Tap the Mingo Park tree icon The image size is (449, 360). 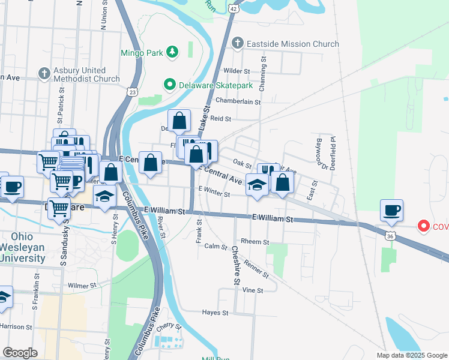tap(173, 52)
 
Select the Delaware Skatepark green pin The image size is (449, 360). tap(170, 85)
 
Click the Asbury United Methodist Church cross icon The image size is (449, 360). tap(43, 74)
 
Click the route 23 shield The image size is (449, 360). tap(132, 91)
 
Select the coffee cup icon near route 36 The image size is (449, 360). tap(391, 211)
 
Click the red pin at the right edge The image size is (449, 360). tap(423, 226)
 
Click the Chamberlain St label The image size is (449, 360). tap(239, 101)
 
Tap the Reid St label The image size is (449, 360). tap(221, 119)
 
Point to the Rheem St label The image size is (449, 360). tap(253, 241)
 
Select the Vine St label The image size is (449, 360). tap(253, 290)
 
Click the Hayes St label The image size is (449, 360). tap(215, 313)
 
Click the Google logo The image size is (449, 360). tap(20, 353)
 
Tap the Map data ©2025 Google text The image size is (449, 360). tap(411, 355)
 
